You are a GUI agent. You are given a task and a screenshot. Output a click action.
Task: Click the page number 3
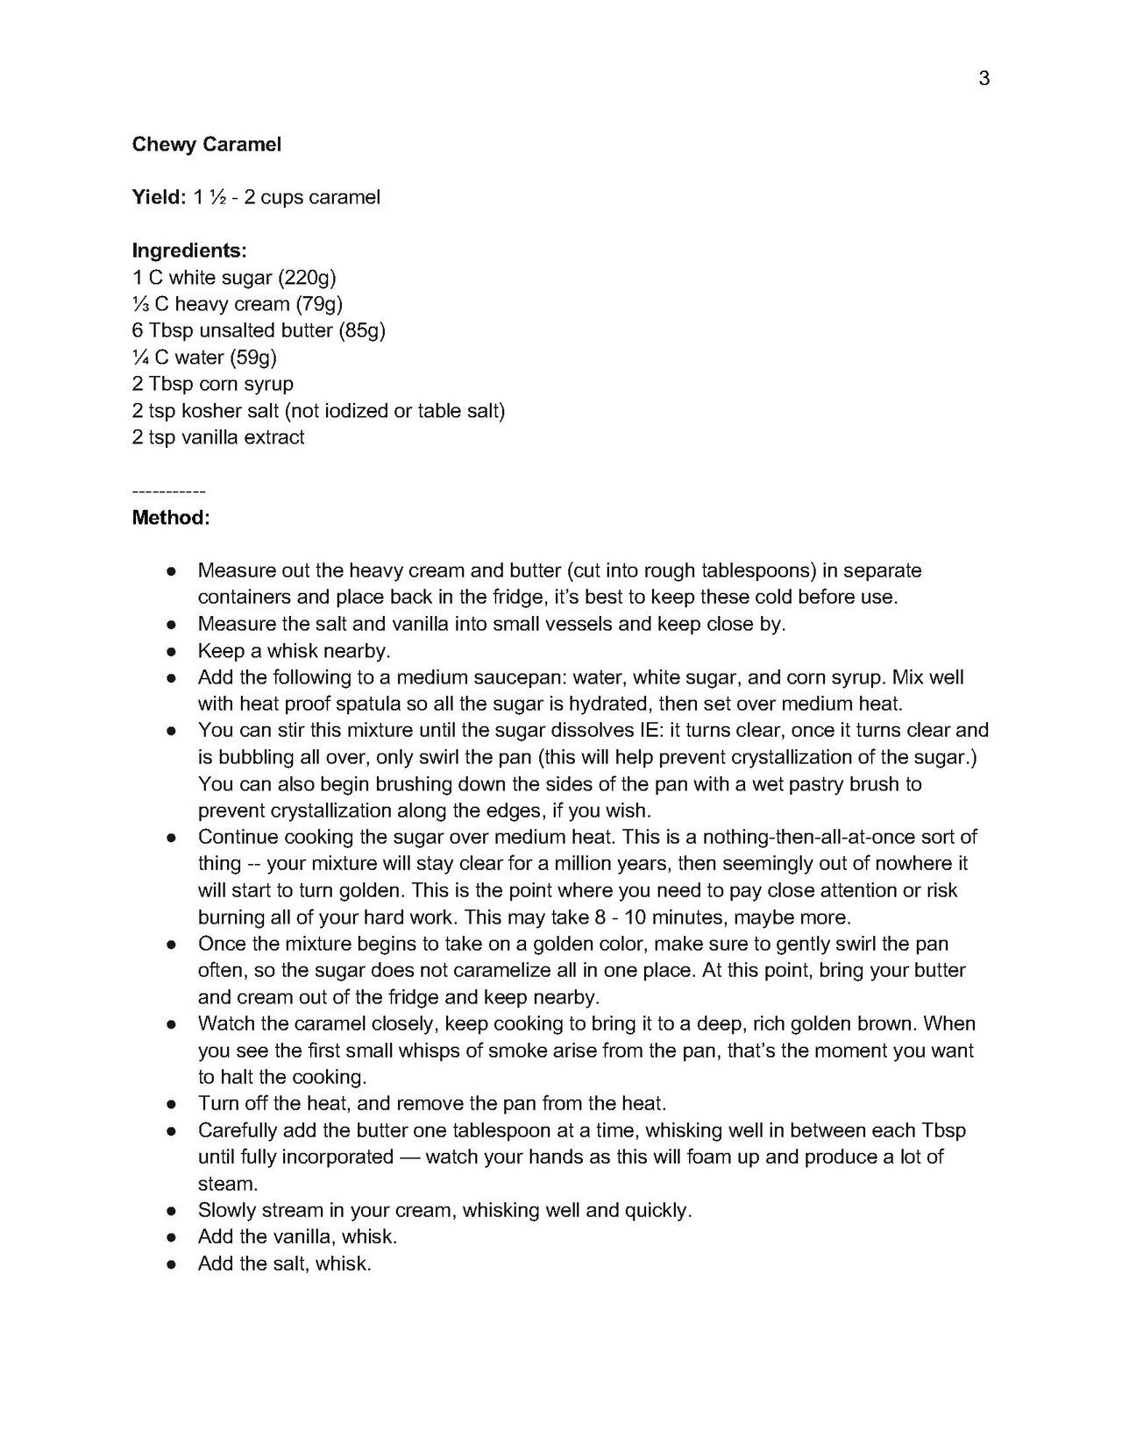[x=984, y=79]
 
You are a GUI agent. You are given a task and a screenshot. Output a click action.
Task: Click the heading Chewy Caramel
[x=207, y=145]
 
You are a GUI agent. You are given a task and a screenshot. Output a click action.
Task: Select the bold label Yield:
[x=159, y=197]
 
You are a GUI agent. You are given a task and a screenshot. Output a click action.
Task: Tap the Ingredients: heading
[x=189, y=251]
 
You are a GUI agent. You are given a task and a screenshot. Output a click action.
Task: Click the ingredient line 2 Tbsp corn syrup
[x=213, y=384]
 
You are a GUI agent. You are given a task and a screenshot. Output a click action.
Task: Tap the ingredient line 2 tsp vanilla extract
[x=218, y=437]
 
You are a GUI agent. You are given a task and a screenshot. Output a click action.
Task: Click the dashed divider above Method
[x=168, y=492]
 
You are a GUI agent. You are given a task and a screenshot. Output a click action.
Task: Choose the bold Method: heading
[x=171, y=518]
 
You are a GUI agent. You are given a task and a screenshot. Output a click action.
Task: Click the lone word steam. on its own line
[x=228, y=1184]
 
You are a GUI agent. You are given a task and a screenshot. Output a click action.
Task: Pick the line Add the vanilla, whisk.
[x=298, y=1237]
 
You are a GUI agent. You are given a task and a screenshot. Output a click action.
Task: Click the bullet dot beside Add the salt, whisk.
[x=173, y=1264]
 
